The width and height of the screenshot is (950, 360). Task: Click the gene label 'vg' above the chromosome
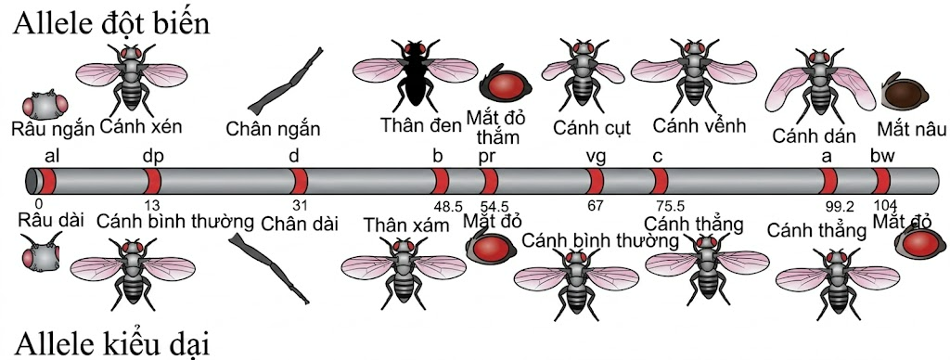tap(597, 157)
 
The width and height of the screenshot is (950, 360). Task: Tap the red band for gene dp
tap(154, 182)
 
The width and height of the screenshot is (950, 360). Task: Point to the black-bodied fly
tap(416, 76)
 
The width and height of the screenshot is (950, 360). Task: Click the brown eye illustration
tap(904, 92)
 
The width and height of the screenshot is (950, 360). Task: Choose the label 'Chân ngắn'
tap(273, 129)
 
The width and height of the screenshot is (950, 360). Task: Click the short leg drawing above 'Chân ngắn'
tap(286, 82)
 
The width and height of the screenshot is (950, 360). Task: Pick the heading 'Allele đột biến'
tap(111, 23)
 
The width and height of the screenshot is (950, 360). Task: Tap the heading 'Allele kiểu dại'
tap(111, 343)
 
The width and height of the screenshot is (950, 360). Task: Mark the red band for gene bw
tap(882, 182)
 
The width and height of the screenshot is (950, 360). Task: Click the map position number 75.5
tap(670, 205)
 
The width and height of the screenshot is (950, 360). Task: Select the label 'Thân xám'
tap(406, 225)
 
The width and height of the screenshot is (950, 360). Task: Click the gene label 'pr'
tap(487, 157)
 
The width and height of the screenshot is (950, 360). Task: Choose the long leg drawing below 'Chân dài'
tap(270, 268)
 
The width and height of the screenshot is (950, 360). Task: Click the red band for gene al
tap(48, 182)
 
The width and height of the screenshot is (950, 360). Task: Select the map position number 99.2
tap(840, 207)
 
